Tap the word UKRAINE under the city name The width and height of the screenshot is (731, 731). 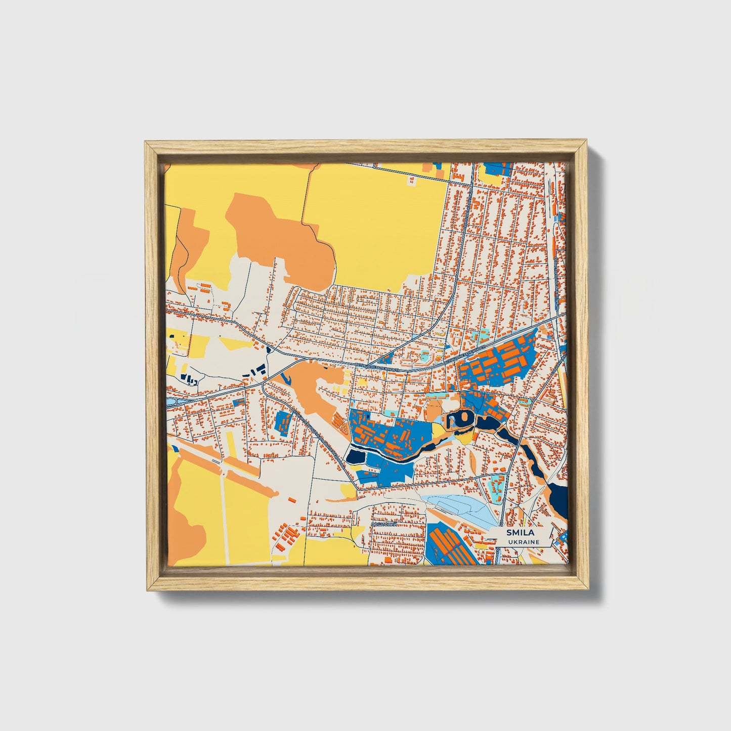click(x=518, y=542)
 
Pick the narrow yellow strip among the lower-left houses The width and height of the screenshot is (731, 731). click(x=230, y=444)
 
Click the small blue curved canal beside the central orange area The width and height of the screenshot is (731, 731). click(x=285, y=377)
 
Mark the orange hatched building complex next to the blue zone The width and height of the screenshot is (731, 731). click(x=340, y=419)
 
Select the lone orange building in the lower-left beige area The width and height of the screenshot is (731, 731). click(x=292, y=500)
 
